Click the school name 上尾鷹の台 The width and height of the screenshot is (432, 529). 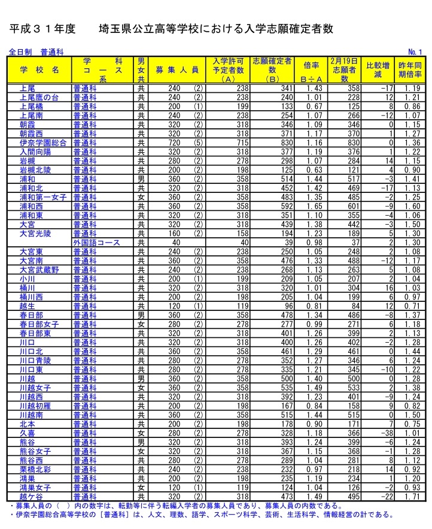click(39, 97)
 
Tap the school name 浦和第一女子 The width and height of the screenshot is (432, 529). click(43, 197)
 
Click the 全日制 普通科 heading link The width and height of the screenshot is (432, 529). click(36, 52)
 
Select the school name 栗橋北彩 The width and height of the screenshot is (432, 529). click(35, 470)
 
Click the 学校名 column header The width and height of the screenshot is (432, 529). click(39, 69)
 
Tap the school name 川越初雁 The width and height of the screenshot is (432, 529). click(35, 406)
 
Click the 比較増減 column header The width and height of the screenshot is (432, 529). click(378, 69)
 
